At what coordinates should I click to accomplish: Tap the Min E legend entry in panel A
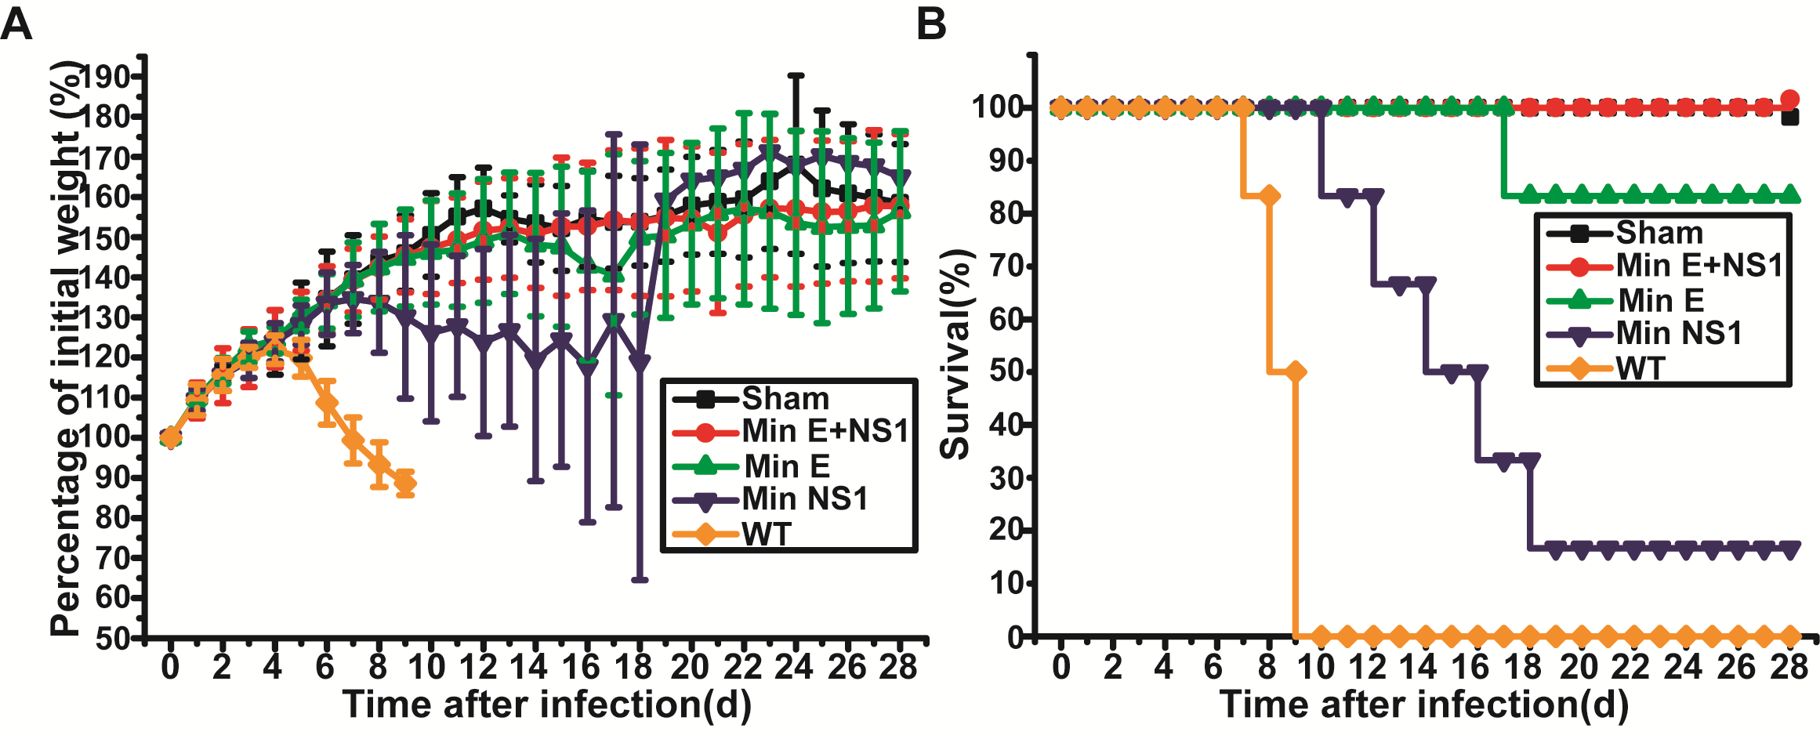[x=786, y=466]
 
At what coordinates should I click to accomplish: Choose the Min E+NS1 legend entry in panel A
[x=825, y=431]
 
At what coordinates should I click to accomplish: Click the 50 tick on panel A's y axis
[x=112, y=639]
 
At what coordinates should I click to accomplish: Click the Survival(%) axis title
[x=955, y=354]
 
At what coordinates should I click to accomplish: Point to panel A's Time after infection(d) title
[x=546, y=705]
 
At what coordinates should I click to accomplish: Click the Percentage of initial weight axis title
[x=67, y=349]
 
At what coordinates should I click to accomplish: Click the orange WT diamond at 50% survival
[x=1295, y=371]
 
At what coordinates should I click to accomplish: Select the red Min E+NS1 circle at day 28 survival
[x=1789, y=100]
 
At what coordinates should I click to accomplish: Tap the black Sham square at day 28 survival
[x=1789, y=118]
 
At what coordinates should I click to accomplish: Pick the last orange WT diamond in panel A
[x=405, y=484]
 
